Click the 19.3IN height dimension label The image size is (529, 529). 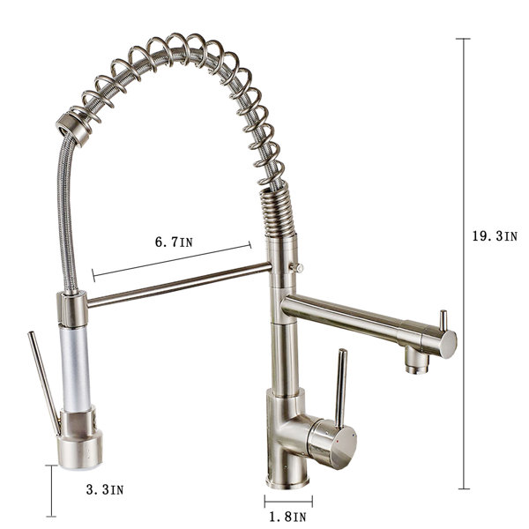pyautogui.click(x=495, y=236)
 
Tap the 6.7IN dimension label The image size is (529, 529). pyautogui.click(x=174, y=242)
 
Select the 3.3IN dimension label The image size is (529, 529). pyautogui.click(x=105, y=489)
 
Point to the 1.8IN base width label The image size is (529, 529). pyautogui.click(x=287, y=517)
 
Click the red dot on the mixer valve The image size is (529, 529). pyautogui.click(x=339, y=442)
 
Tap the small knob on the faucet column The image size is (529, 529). pyautogui.click(x=296, y=267)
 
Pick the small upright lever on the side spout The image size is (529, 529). pyautogui.click(x=443, y=321)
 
